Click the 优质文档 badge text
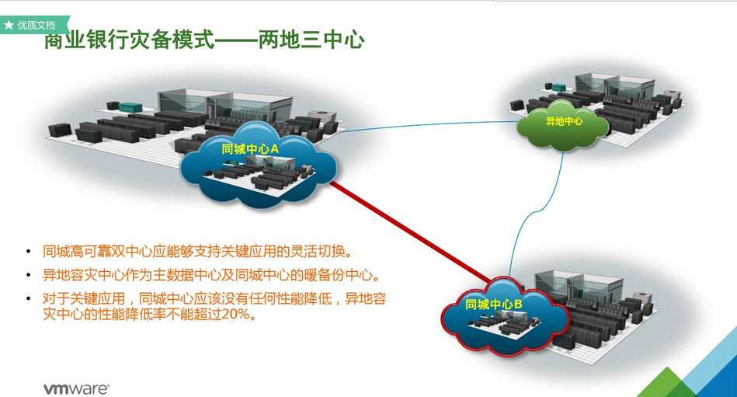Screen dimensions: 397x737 [x=37, y=25]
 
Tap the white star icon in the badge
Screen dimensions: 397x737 [x=9, y=25]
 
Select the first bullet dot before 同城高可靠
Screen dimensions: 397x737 [x=29, y=251]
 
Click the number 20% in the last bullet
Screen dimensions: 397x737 [x=238, y=316]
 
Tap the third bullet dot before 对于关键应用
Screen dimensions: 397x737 [x=29, y=299]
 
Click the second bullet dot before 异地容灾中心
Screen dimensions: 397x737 [x=29, y=276]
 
